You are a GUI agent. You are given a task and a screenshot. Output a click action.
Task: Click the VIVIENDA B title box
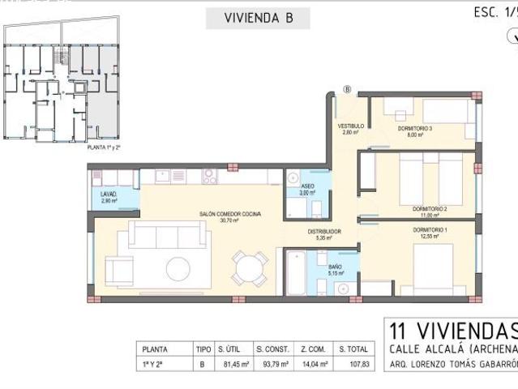(257, 18)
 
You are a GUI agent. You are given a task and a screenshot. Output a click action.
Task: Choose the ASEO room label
(306, 188)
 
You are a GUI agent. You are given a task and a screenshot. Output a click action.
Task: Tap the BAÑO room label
(335, 268)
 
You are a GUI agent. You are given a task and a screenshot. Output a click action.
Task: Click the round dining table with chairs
(249, 267)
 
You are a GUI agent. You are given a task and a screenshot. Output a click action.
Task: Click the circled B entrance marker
(348, 89)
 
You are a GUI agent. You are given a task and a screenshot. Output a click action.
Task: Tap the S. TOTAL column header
(353, 348)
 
